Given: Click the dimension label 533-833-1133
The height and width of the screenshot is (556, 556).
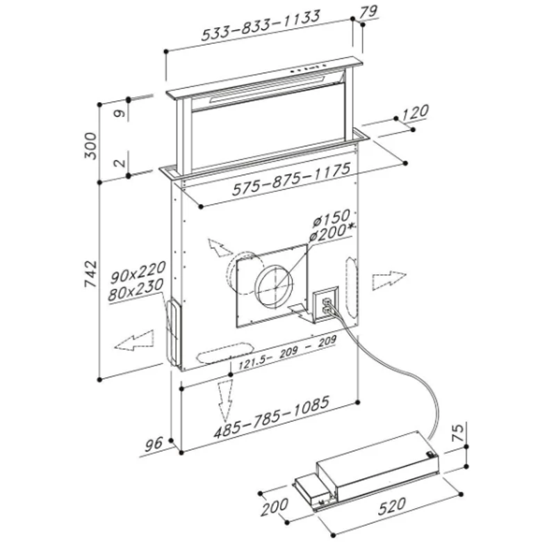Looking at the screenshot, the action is point(261,25).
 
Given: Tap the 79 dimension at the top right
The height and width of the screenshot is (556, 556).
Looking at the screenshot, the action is point(368,12).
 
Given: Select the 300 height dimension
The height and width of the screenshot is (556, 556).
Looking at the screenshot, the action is point(90,146).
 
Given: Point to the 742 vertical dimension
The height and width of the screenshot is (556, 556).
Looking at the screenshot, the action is point(90,274).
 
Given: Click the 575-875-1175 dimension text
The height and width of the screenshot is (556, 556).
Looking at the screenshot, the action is point(291,179).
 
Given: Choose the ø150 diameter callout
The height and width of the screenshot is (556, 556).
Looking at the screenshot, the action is point(332,218).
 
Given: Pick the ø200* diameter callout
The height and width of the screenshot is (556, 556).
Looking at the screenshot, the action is point(332,234).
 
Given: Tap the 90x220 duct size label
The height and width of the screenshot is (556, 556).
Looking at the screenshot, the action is point(138,272).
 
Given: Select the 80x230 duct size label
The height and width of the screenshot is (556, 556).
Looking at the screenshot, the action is point(136,290).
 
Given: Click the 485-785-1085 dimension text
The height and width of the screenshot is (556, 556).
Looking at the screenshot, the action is point(272,417).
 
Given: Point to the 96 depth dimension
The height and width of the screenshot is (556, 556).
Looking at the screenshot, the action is point(153,444).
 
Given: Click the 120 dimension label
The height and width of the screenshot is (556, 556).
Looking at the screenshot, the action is point(415,113).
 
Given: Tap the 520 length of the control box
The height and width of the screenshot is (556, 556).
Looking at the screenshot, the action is point(391,507).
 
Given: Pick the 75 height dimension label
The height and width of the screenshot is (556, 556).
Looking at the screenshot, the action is point(458,432).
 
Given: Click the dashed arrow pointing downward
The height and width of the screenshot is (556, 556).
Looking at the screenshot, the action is point(225,400).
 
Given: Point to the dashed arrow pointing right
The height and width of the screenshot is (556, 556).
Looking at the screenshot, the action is point(389,281).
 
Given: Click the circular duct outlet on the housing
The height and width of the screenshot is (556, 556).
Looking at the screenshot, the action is point(275,284).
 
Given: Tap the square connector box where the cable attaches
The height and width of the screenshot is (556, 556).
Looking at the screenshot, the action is point(325,305).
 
